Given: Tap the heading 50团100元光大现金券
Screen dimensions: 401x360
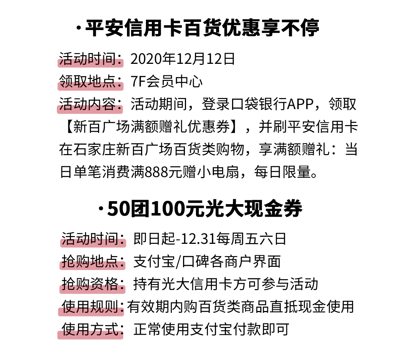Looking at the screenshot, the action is (x=205, y=209).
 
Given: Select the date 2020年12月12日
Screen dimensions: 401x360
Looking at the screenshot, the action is (x=183, y=59).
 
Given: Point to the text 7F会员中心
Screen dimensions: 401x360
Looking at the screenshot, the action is (x=167, y=82).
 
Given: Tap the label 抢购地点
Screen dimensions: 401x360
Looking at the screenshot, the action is (x=92, y=262).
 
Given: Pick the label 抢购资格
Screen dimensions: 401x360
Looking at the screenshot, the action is (x=92, y=284).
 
